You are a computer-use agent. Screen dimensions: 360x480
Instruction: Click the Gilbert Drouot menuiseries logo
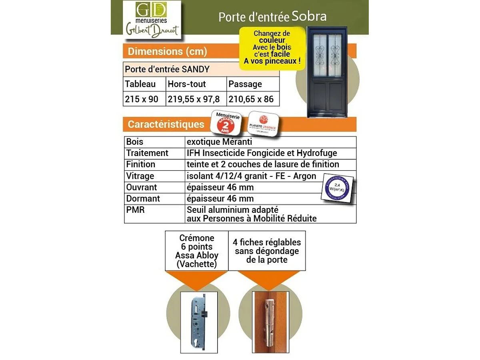[152, 20]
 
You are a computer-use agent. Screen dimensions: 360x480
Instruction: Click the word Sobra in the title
[309, 16]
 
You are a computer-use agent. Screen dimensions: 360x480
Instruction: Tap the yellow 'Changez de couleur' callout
[272, 47]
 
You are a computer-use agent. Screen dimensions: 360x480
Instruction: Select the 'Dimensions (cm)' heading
[167, 52]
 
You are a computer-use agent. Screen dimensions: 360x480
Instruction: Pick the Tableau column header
[140, 84]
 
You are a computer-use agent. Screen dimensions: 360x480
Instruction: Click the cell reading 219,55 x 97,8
[194, 99]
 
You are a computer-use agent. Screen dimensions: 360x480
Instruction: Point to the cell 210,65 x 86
[251, 99]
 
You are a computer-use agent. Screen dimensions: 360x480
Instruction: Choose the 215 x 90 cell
[142, 99]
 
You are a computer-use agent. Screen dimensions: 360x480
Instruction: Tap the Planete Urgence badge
[263, 124]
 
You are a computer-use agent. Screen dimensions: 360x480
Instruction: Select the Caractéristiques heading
[166, 124]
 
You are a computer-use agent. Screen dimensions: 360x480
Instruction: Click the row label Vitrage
[140, 176]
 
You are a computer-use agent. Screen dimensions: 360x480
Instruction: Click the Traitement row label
[147, 153]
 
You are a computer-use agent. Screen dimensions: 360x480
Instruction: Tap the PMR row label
[135, 210]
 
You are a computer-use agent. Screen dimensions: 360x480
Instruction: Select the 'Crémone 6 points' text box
[197, 251]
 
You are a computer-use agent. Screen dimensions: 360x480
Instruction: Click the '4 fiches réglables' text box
[267, 251]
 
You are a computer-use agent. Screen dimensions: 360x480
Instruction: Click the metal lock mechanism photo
[199, 322]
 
